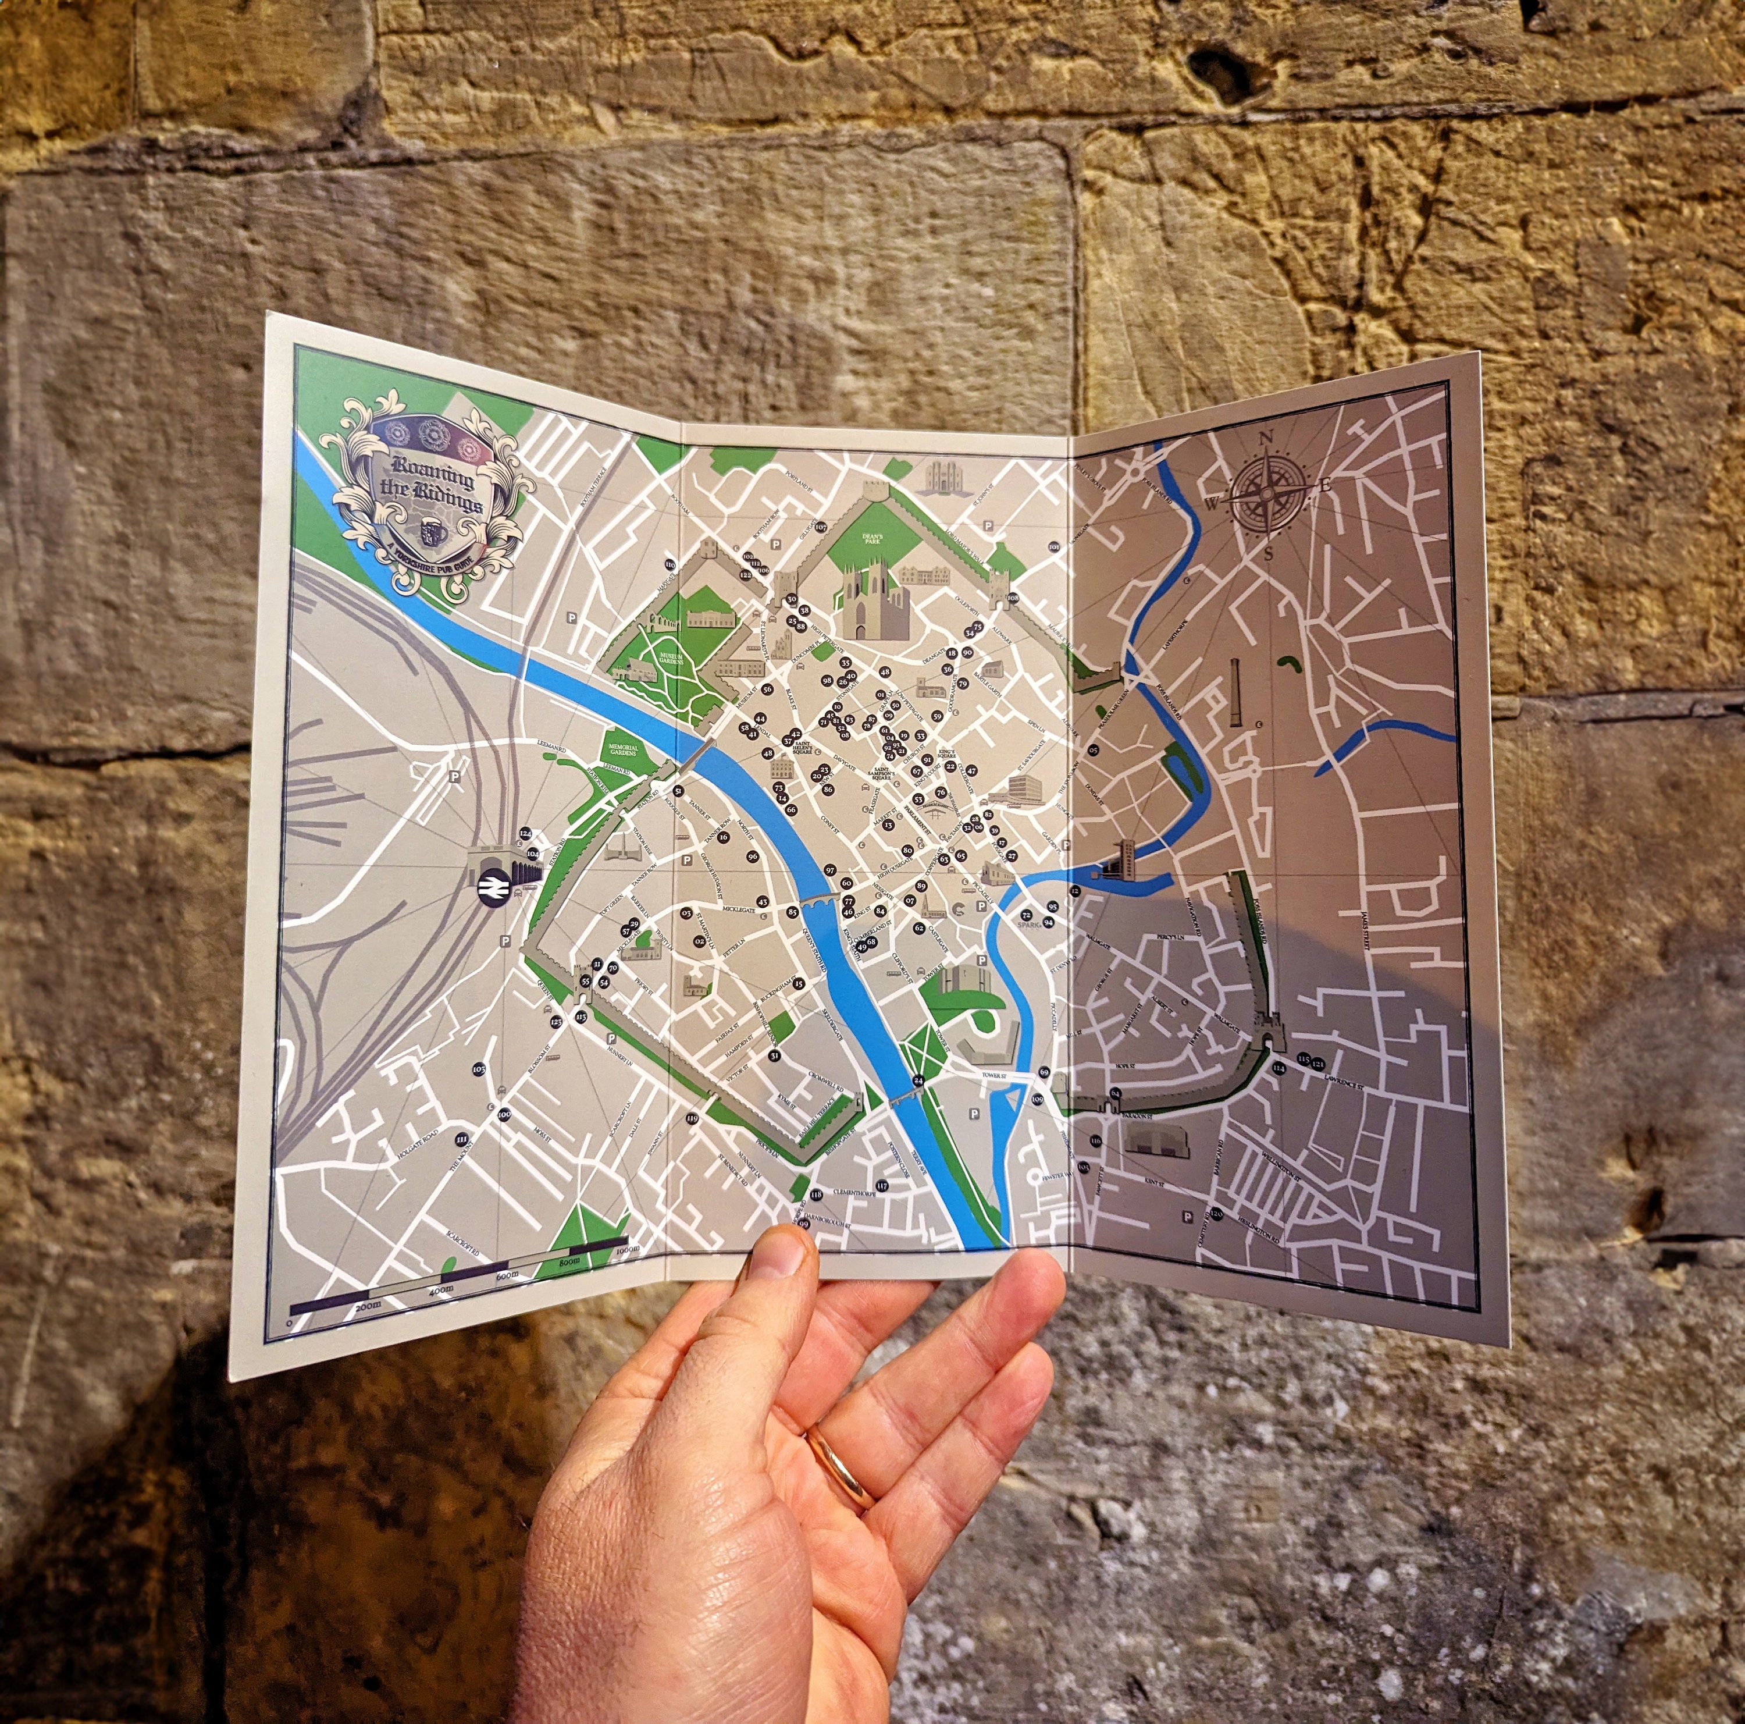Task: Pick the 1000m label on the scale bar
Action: point(625,1250)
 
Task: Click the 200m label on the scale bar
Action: point(369,1307)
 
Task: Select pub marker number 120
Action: point(1217,1214)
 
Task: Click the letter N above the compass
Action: point(1266,439)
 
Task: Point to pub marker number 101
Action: point(1054,548)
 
